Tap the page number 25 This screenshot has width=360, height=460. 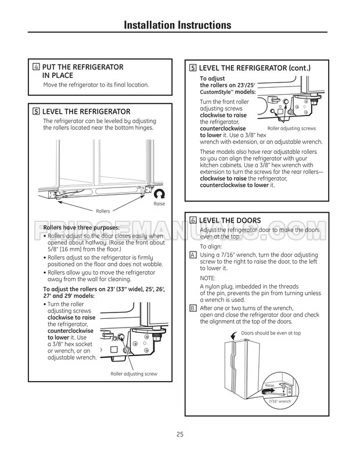coord(179,434)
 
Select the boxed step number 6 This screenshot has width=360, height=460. coord(193,221)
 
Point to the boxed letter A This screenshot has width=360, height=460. coord(193,255)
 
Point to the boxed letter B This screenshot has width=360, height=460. coord(193,308)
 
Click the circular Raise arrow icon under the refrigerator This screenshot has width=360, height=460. coord(160,194)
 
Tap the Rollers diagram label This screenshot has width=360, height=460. coord(103,210)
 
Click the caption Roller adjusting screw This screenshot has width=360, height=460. coord(134,373)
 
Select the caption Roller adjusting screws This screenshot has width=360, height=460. coord(291,128)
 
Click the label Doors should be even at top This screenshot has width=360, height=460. coord(271,333)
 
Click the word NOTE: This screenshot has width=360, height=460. coord(207,278)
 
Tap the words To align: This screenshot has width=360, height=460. coord(211,246)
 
